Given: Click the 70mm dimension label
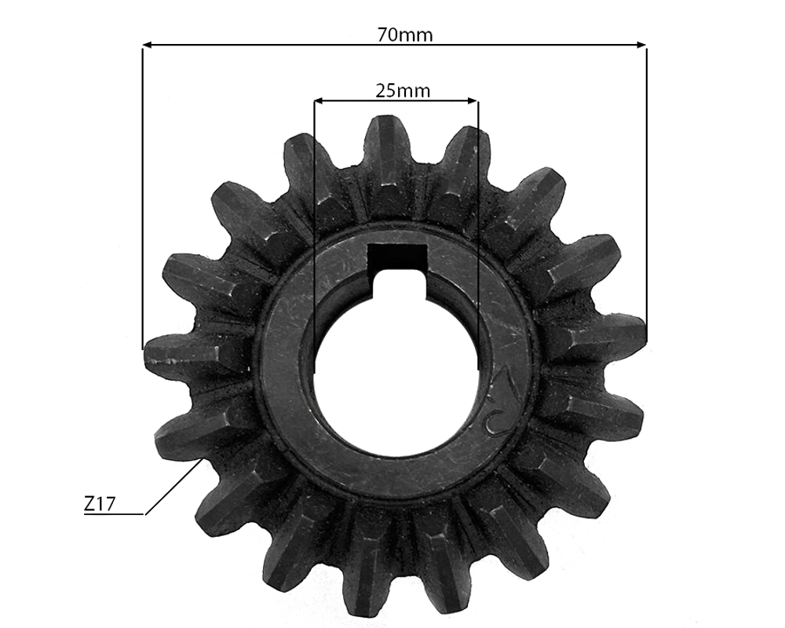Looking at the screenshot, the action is (405, 35).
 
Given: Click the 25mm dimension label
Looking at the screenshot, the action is (403, 90).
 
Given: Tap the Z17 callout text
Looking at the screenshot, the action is (99, 504).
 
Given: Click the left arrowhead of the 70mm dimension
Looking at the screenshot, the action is (148, 45).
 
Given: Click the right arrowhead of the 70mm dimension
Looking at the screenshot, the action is (641, 45).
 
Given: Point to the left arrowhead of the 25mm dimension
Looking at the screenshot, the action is (319, 101).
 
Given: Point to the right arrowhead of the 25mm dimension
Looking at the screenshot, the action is (472, 101).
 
